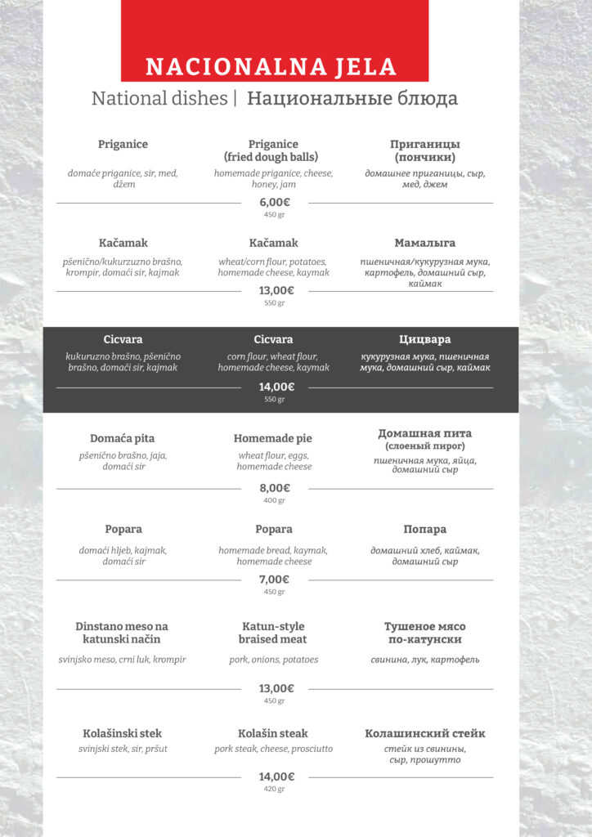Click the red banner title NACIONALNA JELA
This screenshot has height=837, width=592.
(x=271, y=66)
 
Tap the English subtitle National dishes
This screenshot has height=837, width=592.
(x=159, y=99)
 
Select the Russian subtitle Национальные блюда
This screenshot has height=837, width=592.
(x=352, y=99)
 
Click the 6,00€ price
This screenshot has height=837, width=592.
(x=275, y=202)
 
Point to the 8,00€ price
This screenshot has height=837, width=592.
(x=275, y=488)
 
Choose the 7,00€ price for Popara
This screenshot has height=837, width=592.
(x=275, y=579)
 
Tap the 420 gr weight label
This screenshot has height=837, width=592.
(x=275, y=789)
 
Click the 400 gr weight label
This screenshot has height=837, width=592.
(x=275, y=500)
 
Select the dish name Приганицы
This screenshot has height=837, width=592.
(x=424, y=144)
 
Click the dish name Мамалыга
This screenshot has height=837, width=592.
(x=424, y=243)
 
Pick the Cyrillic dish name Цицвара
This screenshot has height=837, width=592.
(x=424, y=339)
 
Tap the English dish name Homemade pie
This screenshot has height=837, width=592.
(x=273, y=438)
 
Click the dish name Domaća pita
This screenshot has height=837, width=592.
(x=123, y=438)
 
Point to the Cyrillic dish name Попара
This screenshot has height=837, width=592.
(x=424, y=529)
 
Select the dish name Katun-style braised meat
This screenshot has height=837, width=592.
(x=273, y=633)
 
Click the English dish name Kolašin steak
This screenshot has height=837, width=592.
(x=273, y=733)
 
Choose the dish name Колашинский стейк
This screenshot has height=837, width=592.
(x=424, y=733)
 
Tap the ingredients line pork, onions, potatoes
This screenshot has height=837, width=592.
(x=273, y=660)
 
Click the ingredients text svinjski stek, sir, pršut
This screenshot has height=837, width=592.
(x=123, y=749)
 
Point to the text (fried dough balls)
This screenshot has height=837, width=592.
(x=273, y=157)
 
